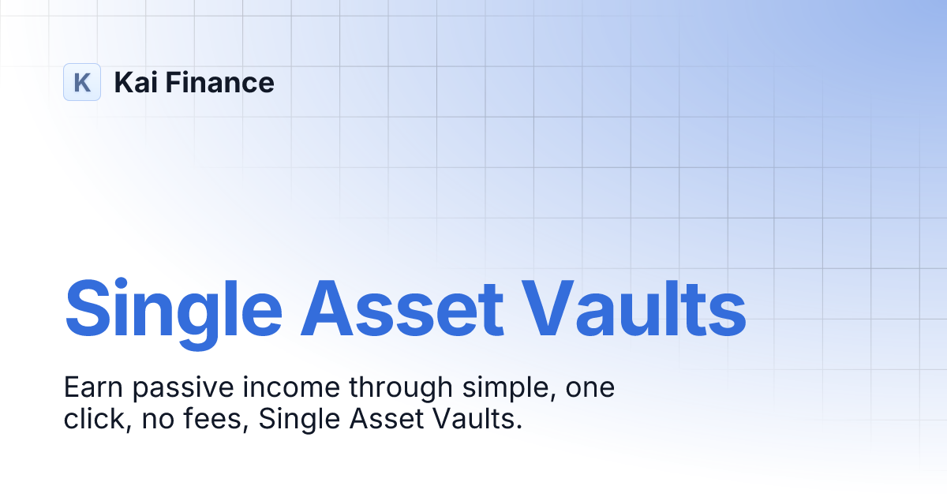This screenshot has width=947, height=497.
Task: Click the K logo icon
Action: [82, 82]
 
